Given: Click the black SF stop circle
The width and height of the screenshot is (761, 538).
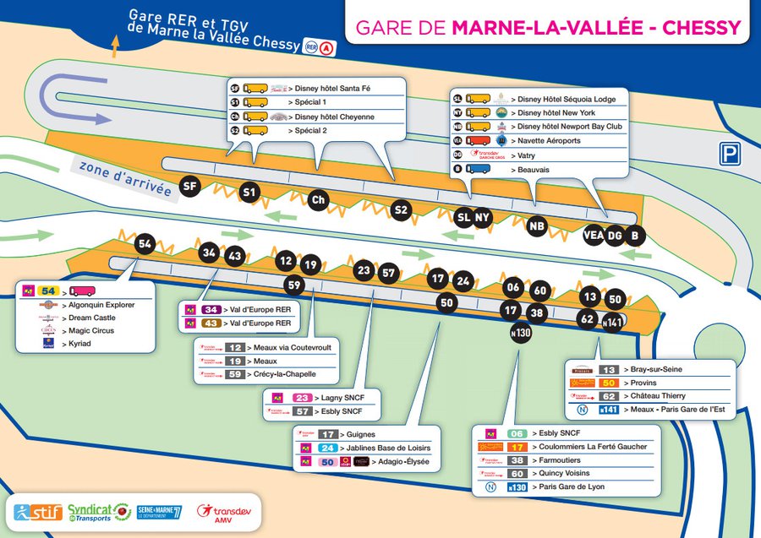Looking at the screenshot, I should [191, 186].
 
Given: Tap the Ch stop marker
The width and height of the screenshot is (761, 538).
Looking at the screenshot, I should [318, 200].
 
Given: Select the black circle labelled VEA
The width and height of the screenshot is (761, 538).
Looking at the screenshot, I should [594, 236].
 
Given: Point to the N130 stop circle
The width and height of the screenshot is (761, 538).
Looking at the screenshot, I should [522, 333].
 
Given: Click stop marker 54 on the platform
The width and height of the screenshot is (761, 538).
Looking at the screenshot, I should [145, 244].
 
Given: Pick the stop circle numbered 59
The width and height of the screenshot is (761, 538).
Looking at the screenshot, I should [293, 285].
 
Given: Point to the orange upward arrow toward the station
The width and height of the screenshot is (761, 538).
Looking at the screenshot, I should [115, 45].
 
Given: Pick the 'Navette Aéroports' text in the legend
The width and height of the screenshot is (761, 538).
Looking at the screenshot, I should [549, 141].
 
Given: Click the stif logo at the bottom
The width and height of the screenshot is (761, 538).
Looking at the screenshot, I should [35, 512].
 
